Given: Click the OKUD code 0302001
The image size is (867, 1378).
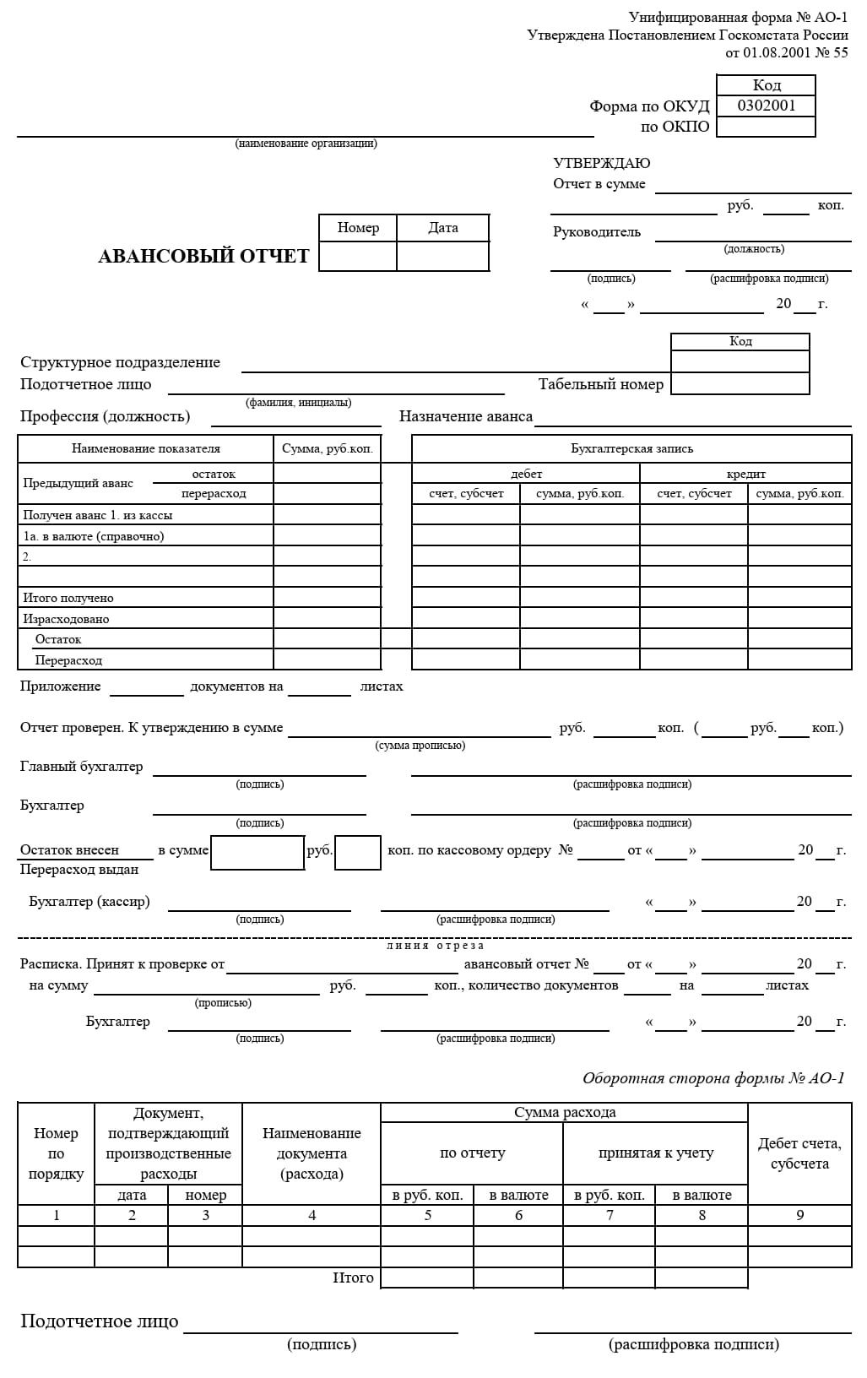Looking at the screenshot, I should [x=766, y=106].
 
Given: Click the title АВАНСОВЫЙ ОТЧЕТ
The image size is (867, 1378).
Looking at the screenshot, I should [x=203, y=256].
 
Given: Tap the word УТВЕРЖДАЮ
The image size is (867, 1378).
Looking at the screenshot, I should [x=601, y=163].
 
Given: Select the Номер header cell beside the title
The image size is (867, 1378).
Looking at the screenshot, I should [x=358, y=228].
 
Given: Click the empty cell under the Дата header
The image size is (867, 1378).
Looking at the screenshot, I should [x=442, y=256].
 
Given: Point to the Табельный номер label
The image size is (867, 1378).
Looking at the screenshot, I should [x=600, y=384].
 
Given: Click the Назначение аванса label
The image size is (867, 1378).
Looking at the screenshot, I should [x=466, y=416].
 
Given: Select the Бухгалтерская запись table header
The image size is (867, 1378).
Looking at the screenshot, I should [x=631, y=448].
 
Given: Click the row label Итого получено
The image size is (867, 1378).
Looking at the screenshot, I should [x=68, y=598].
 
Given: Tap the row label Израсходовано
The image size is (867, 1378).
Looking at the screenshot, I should [x=66, y=619].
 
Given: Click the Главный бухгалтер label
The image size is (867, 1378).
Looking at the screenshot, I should [x=82, y=767].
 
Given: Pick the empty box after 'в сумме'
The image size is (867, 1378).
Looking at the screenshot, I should [x=257, y=852].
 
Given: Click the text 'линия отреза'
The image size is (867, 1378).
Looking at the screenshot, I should [x=436, y=946].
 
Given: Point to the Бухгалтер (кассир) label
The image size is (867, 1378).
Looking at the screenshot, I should [x=89, y=902].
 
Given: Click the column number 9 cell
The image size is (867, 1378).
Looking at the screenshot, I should [x=799, y=1215].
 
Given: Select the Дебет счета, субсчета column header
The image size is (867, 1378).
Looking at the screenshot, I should [x=799, y=1153].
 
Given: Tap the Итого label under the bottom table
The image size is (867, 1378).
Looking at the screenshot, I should [x=353, y=1278].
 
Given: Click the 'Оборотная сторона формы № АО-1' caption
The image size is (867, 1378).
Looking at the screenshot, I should [x=713, y=1078].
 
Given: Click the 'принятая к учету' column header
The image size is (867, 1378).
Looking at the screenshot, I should [x=655, y=1153].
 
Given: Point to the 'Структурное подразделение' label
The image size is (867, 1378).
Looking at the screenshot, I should [x=120, y=362].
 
